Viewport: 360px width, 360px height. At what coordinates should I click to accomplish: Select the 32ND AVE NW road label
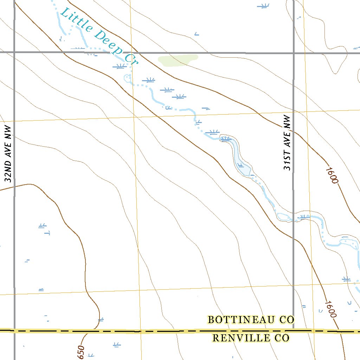coord(9,154)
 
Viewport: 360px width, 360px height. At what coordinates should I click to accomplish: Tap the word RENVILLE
coord(239,338)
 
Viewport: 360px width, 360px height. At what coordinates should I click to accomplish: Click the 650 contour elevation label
coord(81,352)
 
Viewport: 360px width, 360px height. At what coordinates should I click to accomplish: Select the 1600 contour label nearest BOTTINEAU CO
coord(331,309)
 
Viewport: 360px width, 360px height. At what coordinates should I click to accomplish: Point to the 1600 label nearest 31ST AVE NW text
coord(332,175)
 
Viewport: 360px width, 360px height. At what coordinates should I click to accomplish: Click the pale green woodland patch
coord(177,60)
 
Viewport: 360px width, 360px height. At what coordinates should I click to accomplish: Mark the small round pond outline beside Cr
coord(127,78)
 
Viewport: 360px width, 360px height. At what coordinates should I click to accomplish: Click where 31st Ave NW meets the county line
coord(294,330)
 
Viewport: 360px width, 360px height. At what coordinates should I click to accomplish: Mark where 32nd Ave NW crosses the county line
coord(15,330)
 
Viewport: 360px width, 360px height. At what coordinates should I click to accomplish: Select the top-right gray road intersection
coord(294,53)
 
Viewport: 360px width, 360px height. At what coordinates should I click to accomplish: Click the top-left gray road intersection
coord(15,52)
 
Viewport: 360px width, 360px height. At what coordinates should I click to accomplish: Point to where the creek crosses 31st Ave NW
coord(294,218)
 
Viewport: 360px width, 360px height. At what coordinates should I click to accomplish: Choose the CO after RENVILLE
coord(282,338)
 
